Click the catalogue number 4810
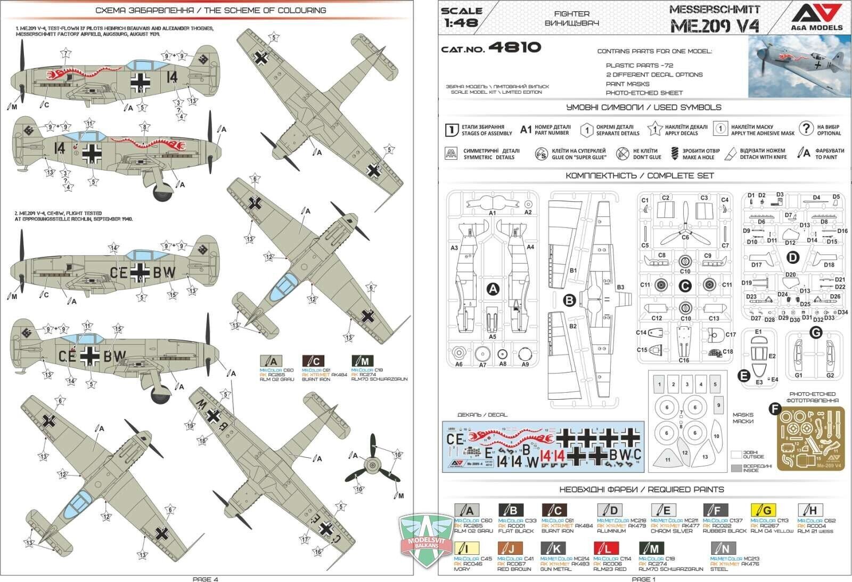click(x=514, y=47)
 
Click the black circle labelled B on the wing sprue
click(x=570, y=300)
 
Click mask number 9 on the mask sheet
click(x=718, y=405)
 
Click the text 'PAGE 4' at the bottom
click(x=205, y=579)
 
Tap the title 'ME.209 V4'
click(x=715, y=25)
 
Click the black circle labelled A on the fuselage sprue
click(x=494, y=289)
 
